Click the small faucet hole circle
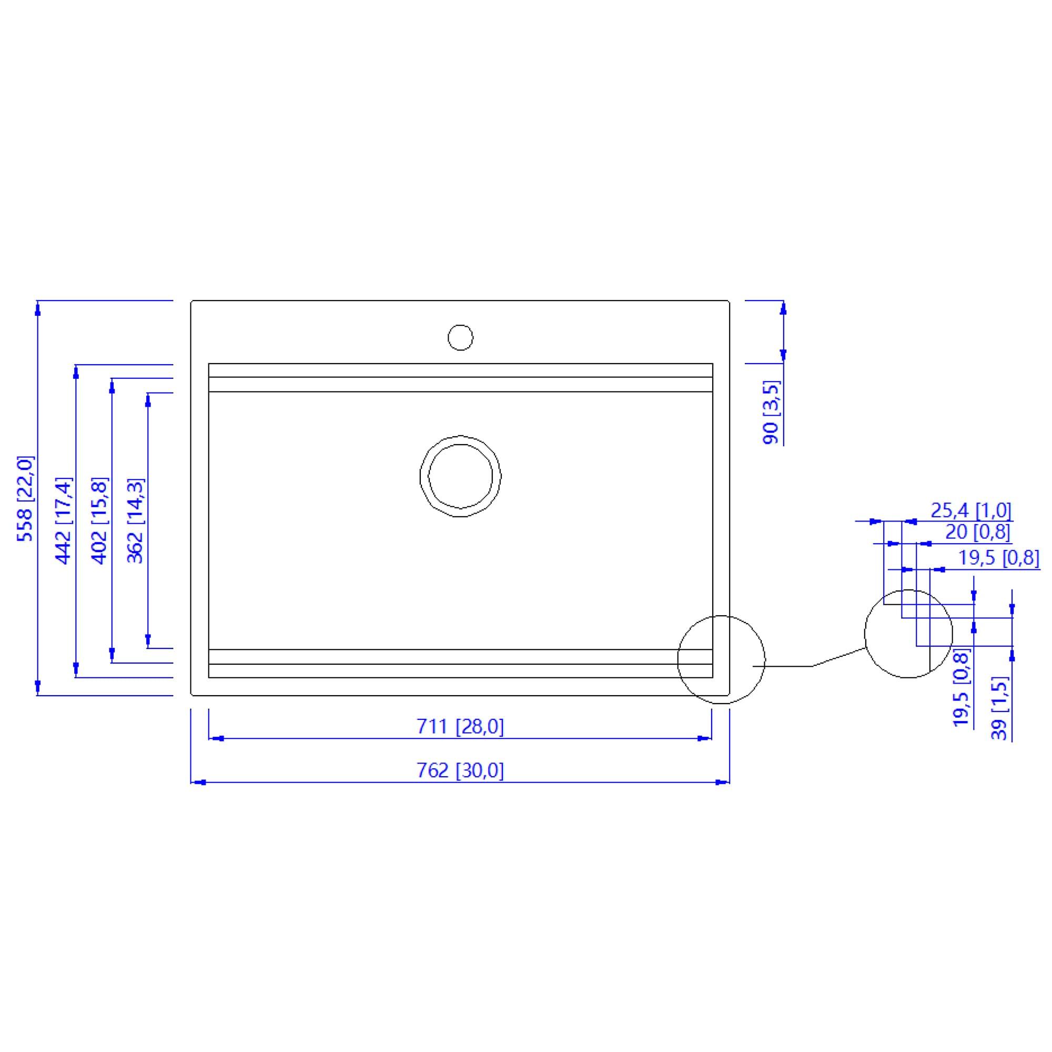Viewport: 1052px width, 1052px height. (460, 337)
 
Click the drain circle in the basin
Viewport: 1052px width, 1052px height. (460, 476)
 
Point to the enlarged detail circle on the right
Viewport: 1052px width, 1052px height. (908, 634)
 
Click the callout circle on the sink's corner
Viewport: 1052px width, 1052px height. (721, 659)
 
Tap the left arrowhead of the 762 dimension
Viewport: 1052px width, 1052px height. (199, 783)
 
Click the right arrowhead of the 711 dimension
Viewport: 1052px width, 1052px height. (705, 738)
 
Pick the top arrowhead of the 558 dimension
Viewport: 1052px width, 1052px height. (37, 308)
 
